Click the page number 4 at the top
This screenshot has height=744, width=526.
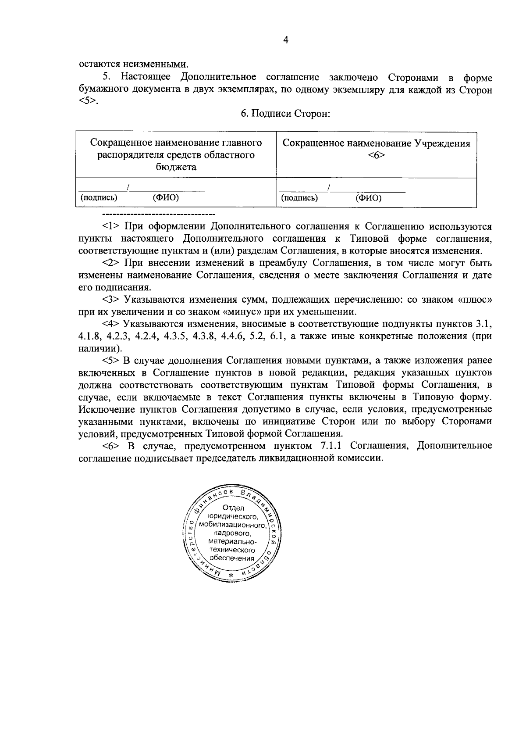tap(285, 40)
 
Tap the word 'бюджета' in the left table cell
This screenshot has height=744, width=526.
tap(176, 167)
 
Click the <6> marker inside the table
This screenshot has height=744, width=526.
tap(376, 155)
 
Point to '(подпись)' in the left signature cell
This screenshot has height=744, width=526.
tap(99, 198)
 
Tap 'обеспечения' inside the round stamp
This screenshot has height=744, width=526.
tap(232, 558)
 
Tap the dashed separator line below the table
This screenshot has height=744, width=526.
tap(158, 215)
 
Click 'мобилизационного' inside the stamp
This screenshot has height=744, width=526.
tap(232, 525)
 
